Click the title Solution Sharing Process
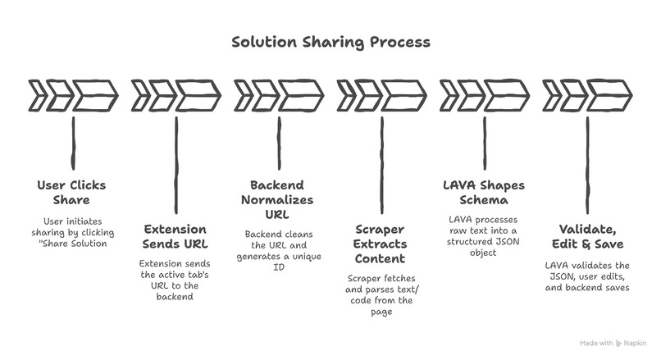tap(330, 41)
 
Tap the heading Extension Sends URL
tap(176, 237)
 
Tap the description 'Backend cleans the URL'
tap(279, 249)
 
